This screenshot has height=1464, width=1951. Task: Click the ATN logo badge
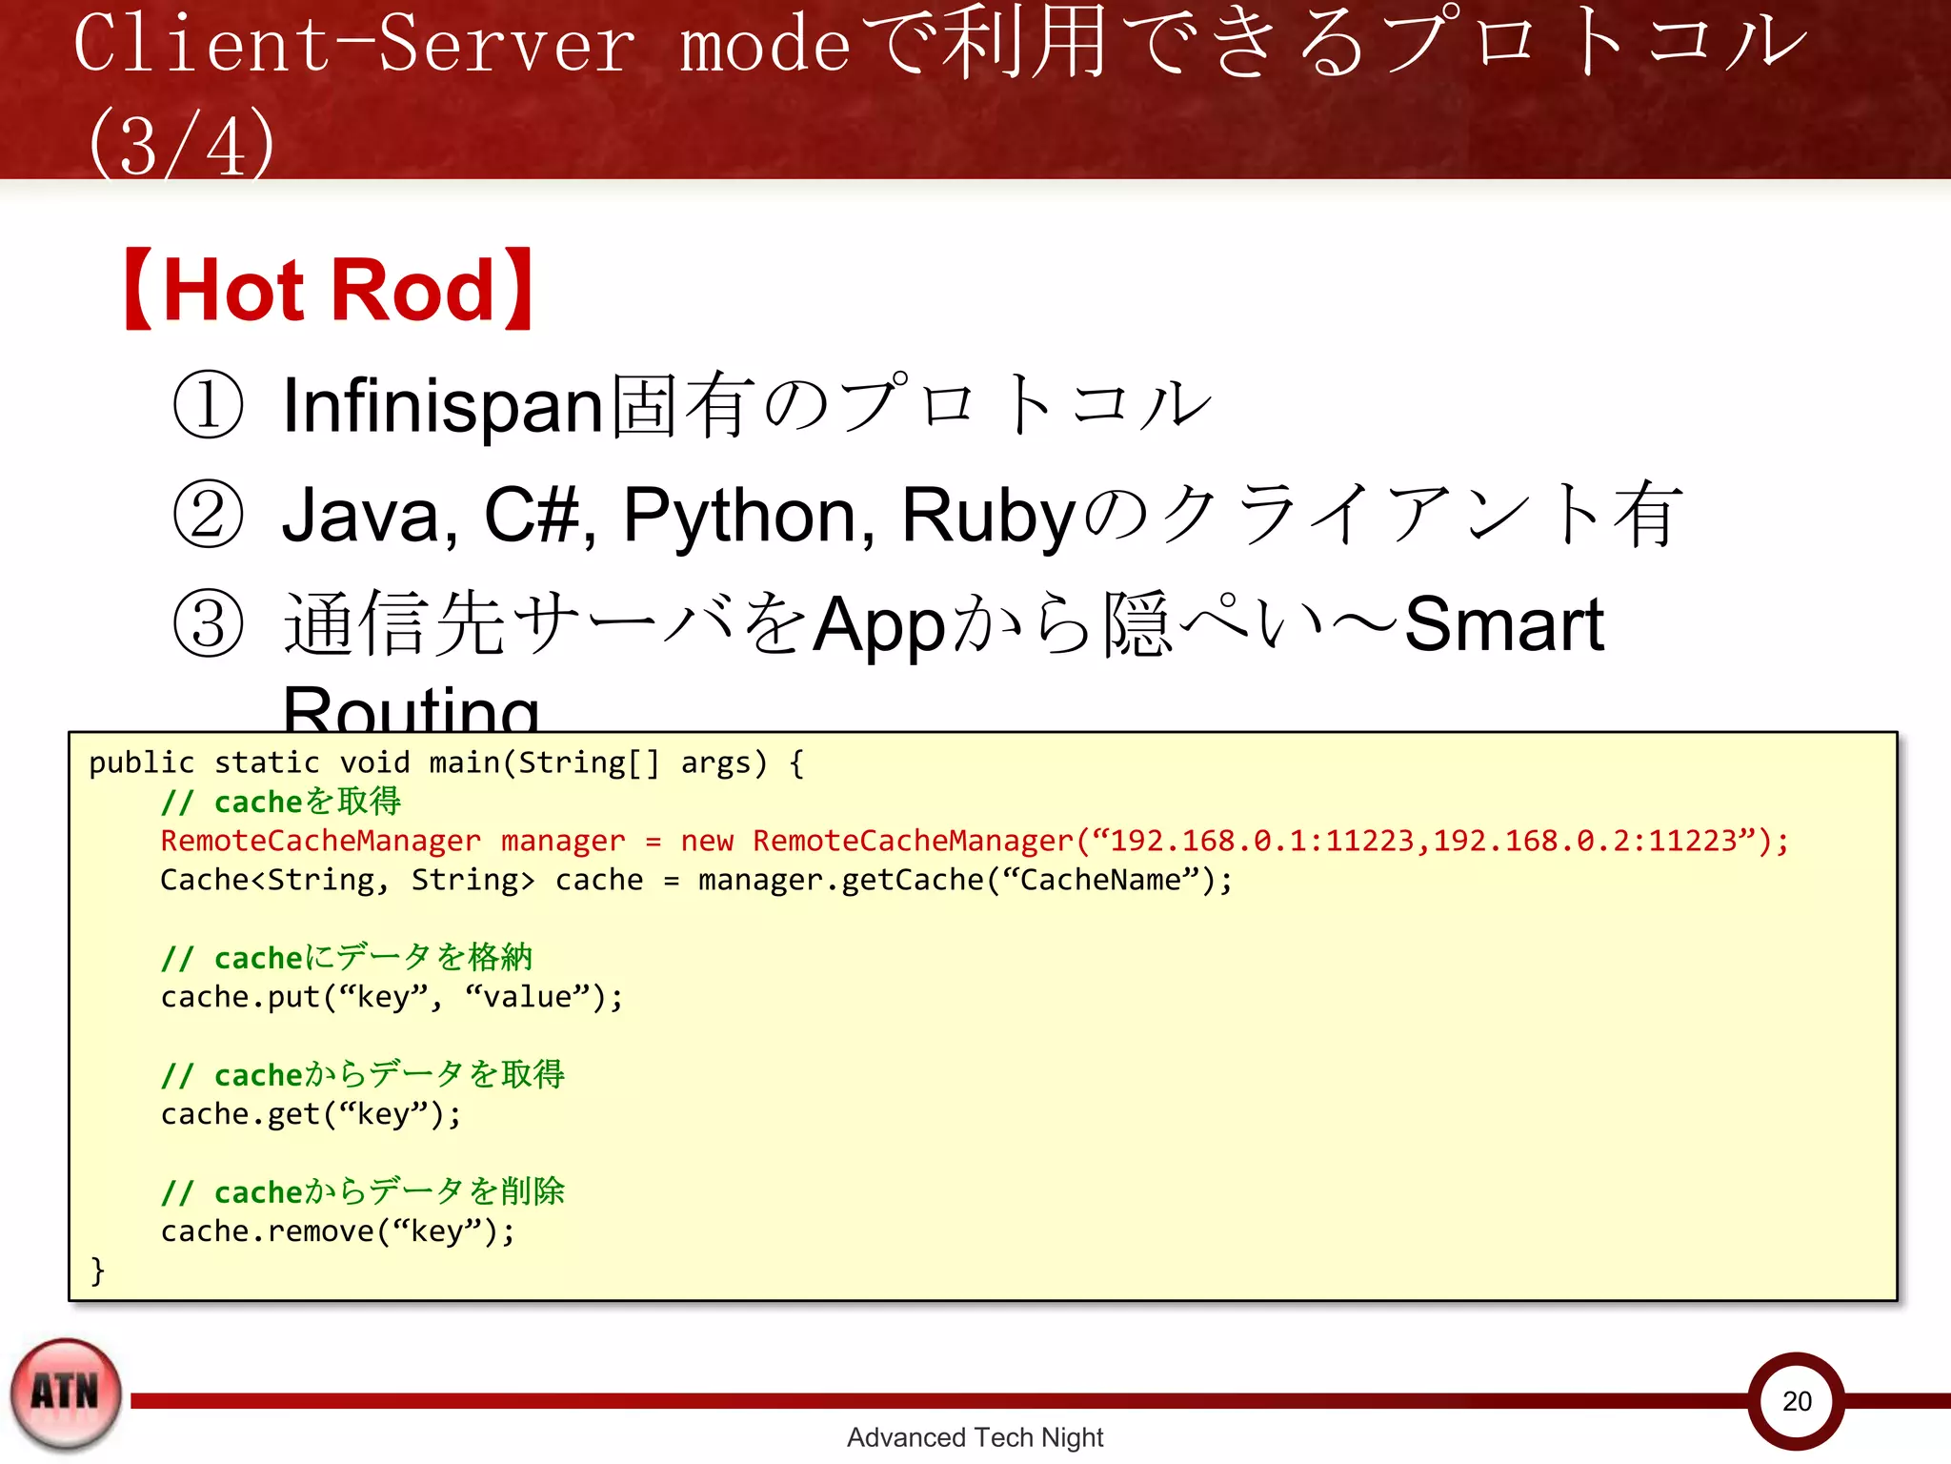66,1393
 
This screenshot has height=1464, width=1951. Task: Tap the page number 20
1797,1400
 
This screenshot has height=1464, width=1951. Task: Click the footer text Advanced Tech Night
975,1436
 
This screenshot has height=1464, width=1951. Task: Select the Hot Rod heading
329,290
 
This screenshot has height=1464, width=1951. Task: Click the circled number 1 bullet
209,405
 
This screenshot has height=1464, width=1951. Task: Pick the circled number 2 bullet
209,515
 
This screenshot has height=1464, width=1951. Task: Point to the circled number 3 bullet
209,624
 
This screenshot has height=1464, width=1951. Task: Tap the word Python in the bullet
748,516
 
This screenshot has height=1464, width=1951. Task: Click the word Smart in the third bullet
1504,624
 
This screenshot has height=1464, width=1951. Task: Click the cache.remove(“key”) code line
337,1230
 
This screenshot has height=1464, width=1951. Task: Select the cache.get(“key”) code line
311,1113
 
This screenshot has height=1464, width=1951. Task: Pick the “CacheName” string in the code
1099,880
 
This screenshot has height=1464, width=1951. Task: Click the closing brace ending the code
97,1270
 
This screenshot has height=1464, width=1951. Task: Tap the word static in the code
267,762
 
